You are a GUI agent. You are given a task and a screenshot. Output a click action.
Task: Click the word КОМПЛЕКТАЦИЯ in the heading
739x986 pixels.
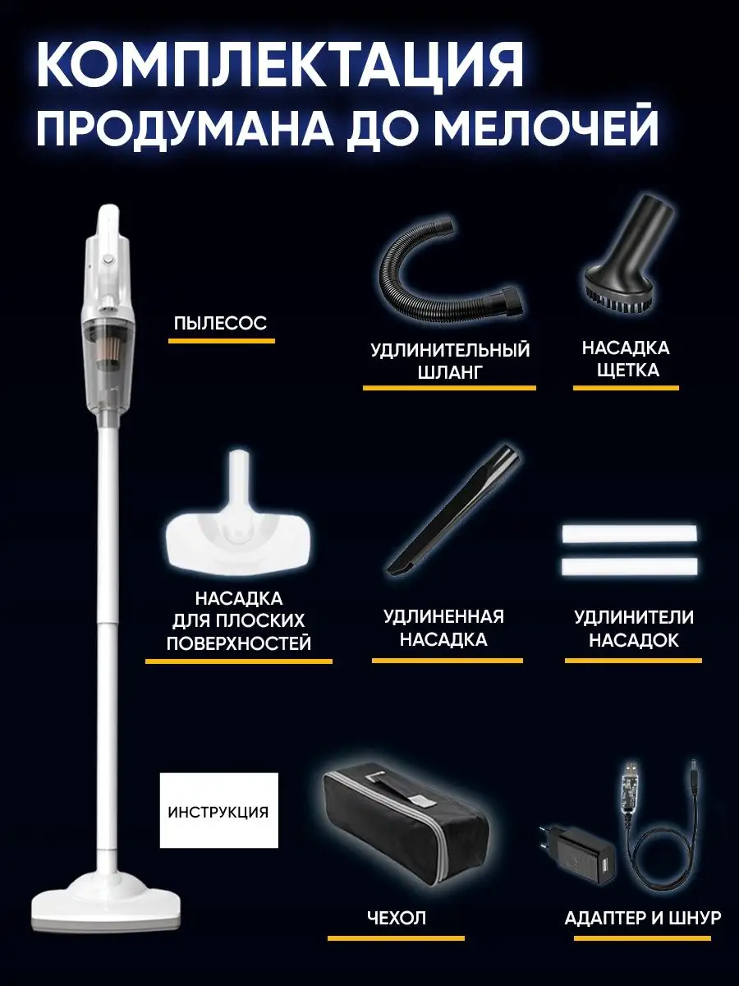(279, 65)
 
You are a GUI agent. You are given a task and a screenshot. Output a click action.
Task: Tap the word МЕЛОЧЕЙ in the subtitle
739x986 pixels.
(547, 127)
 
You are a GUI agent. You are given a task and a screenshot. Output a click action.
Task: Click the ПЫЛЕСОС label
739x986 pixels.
(220, 323)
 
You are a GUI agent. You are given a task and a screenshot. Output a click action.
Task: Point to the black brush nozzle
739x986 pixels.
(628, 256)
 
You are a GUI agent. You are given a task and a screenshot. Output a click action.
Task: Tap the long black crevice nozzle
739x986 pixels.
(454, 512)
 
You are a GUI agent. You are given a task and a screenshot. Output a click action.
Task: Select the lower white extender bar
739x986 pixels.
(630, 568)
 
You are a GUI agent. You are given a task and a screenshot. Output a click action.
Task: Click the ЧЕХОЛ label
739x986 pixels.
(397, 917)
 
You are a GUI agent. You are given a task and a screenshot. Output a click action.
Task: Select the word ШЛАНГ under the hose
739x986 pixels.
(450, 372)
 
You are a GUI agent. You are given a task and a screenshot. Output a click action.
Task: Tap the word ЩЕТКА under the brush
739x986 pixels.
(627, 370)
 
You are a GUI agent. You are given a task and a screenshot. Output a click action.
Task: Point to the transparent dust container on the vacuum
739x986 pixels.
(108, 359)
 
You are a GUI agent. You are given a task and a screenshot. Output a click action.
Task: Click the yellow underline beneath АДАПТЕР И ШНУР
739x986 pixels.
(642, 938)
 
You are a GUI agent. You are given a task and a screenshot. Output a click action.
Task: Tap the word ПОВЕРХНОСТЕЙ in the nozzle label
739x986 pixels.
(239, 643)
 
